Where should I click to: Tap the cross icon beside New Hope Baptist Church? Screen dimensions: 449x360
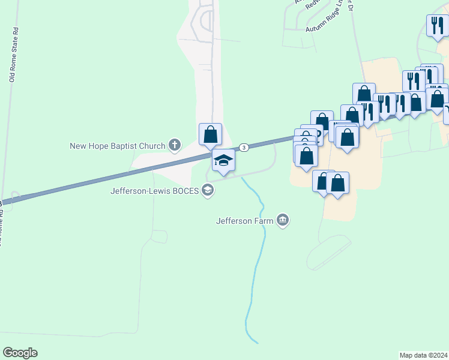coord(175,145)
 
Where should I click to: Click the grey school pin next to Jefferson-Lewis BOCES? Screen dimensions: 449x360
coord(208,191)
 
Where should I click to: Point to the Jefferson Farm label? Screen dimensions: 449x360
coord(244,221)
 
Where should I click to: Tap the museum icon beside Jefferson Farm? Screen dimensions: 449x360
coord(283,221)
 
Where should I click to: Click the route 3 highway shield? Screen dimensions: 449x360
coord(243,147)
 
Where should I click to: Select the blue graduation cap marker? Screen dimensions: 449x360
coord(223,160)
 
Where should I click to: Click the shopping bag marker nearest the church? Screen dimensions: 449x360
coord(210,134)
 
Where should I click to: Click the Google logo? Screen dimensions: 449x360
coord(20,353)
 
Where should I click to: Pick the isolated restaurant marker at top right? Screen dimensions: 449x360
coord(436,25)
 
